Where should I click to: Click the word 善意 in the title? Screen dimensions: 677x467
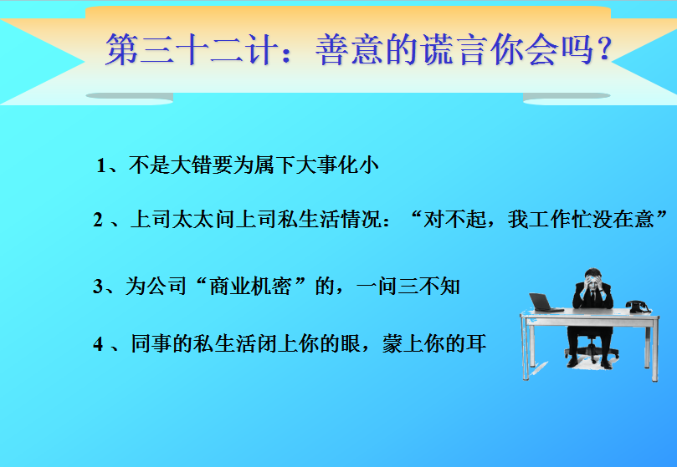point(350,49)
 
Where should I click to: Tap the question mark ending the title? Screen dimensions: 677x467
point(604,48)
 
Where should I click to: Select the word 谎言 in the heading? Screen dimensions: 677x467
point(454,49)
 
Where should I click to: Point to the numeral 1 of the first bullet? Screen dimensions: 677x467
point(101,165)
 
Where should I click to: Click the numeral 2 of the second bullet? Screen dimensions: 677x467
point(98,220)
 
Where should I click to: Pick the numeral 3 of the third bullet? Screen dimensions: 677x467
point(98,287)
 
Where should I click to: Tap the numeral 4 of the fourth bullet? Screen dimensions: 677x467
point(98,344)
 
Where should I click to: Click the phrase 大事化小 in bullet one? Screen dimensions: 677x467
point(337,165)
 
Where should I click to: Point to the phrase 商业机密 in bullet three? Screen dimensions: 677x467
point(250,286)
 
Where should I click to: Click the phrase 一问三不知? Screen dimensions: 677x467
point(408,286)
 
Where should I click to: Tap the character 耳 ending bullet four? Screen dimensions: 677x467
point(476,343)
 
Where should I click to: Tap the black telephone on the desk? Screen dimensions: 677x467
point(639,307)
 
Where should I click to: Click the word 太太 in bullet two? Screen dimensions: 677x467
point(192,219)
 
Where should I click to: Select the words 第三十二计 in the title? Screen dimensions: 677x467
point(192,49)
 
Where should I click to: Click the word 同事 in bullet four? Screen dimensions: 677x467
point(151,343)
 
